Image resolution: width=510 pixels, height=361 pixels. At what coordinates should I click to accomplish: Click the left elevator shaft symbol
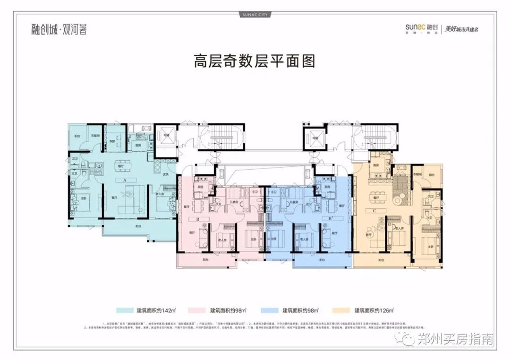click(166, 137)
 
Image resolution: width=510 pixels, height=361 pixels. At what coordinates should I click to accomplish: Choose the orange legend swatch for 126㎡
click(343, 310)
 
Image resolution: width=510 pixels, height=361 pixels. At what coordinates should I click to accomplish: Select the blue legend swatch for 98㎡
click(270, 310)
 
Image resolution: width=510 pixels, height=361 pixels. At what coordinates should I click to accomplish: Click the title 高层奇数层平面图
click(254, 62)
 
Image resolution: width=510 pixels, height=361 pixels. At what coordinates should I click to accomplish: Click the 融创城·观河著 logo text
click(57, 29)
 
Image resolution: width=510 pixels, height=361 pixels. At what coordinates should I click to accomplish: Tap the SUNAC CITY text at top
click(255, 15)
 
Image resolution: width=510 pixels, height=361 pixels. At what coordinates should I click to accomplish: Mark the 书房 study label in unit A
click(113, 141)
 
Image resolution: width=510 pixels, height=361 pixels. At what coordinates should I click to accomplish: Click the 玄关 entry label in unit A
click(166, 175)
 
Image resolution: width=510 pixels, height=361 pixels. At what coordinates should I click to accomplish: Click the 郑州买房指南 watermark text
click(455, 339)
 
